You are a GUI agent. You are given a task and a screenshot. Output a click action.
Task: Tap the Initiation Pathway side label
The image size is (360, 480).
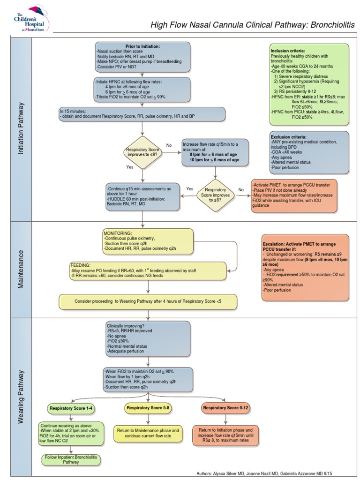click(21, 129)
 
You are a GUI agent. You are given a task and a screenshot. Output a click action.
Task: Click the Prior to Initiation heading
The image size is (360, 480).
click(142, 47)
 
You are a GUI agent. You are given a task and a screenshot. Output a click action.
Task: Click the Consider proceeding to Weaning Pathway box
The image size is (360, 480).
click(148, 301)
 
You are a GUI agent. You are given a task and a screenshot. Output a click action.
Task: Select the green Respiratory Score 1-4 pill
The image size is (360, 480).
click(71, 408)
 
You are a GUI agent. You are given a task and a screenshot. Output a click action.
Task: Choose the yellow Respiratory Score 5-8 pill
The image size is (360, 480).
click(148, 408)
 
